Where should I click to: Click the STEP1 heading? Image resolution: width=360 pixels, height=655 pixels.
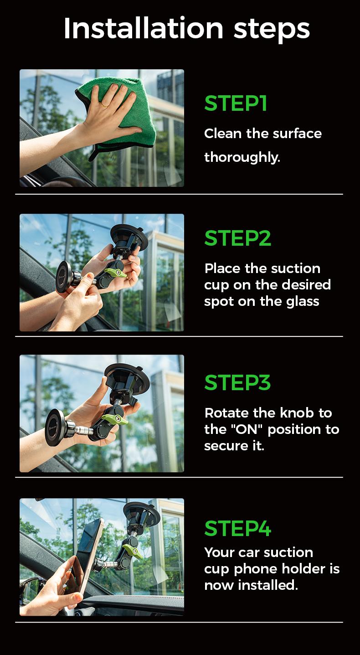pos(236,103)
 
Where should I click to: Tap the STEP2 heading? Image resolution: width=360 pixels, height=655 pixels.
pos(237,237)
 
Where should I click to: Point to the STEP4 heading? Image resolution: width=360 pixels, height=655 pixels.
pos(237,528)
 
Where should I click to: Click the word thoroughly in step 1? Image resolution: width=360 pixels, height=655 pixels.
pos(242,157)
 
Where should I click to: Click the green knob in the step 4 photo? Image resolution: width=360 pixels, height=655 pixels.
pos(132,551)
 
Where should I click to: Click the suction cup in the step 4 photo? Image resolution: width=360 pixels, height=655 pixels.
pos(142,513)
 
